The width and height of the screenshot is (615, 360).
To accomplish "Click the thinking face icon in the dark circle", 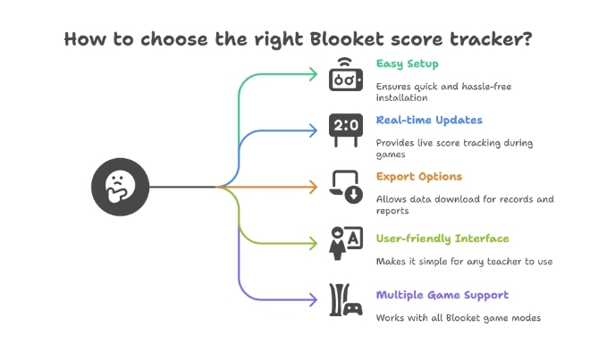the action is tap(120, 187).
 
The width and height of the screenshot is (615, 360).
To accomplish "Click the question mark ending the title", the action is tap(527, 38).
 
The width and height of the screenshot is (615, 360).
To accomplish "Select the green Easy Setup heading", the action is tap(407, 63).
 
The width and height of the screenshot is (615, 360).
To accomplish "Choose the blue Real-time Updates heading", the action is tap(429, 120).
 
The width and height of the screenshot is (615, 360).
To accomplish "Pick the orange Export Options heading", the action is tap(419, 177).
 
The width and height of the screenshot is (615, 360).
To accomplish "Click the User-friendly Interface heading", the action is tap(442, 239).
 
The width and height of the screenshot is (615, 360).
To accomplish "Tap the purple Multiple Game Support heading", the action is tap(442, 295).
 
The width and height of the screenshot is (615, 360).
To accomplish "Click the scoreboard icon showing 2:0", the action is tap(346, 130).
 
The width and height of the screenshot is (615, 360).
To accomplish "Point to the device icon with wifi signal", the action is tap(346, 74).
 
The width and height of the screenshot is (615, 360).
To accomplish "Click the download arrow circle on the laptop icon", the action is tap(354, 195).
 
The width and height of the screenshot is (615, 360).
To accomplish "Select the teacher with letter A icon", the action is tap(346, 243).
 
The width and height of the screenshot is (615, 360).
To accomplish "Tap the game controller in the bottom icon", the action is tap(353, 308).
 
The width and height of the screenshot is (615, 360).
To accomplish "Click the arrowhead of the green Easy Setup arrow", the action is tap(314, 74).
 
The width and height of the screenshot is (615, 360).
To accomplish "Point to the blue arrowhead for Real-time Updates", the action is tap(314, 130).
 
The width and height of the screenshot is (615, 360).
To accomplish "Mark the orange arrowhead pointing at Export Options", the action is tap(314, 187).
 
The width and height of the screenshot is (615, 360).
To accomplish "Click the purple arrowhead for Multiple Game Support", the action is tap(314, 300).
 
